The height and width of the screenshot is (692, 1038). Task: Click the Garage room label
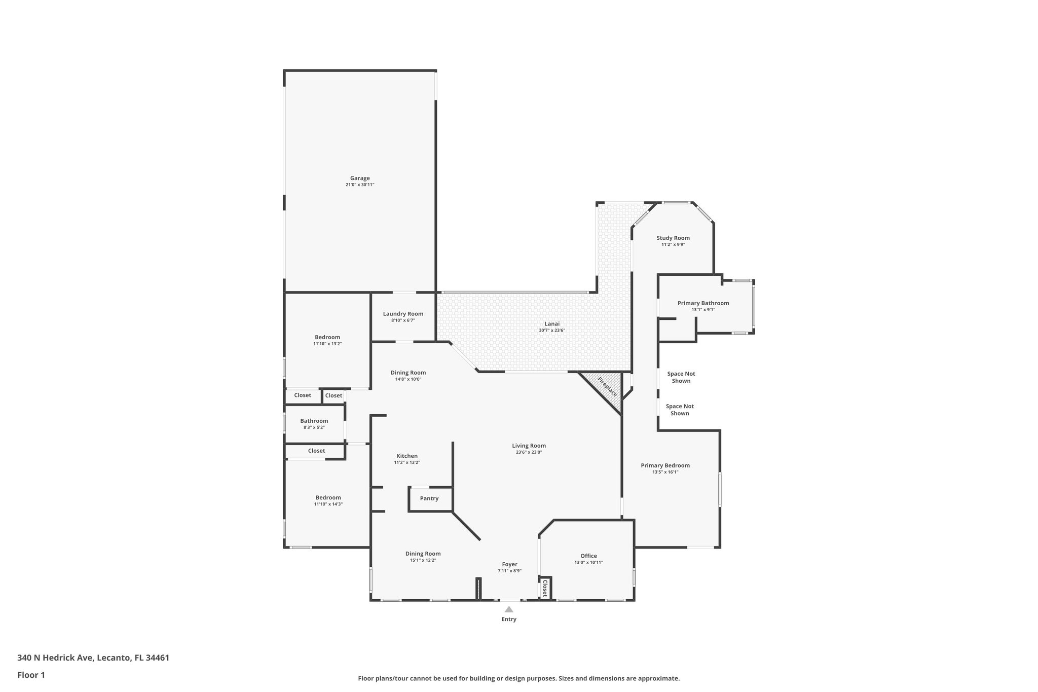pyautogui.click(x=360, y=178)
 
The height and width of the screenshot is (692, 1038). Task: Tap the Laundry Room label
pyautogui.click(x=403, y=314)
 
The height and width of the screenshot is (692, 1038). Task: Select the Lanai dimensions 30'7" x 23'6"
pyautogui.click(x=552, y=331)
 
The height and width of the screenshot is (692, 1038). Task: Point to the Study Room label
pyautogui.click(x=673, y=238)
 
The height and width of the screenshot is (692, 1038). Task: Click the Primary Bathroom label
pyautogui.click(x=703, y=303)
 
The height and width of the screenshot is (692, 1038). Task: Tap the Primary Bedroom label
pyautogui.click(x=665, y=465)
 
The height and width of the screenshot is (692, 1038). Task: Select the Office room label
pyautogui.click(x=588, y=556)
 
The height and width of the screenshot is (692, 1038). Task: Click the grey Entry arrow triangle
pyautogui.click(x=509, y=609)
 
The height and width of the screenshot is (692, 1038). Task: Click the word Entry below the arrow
pyautogui.click(x=509, y=619)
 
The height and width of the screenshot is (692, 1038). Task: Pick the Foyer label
pyautogui.click(x=509, y=564)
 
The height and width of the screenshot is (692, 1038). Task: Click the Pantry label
pyautogui.click(x=429, y=498)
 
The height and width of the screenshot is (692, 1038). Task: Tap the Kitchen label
pyautogui.click(x=407, y=456)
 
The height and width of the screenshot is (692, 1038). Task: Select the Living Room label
pyautogui.click(x=529, y=446)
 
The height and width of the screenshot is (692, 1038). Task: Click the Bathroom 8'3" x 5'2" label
pyautogui.click(x=314, y=421)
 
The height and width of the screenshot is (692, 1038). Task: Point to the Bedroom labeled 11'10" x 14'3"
pyautogui.click(x=328, y=497)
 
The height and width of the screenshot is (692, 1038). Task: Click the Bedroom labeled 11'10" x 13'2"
pyautogui.click(x=327, y=337)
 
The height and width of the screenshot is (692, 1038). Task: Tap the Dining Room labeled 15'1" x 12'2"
pyautogui.click(x=423, y=554)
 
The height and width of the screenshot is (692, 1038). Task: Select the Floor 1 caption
pyautogui.click(x=31, y=675)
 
